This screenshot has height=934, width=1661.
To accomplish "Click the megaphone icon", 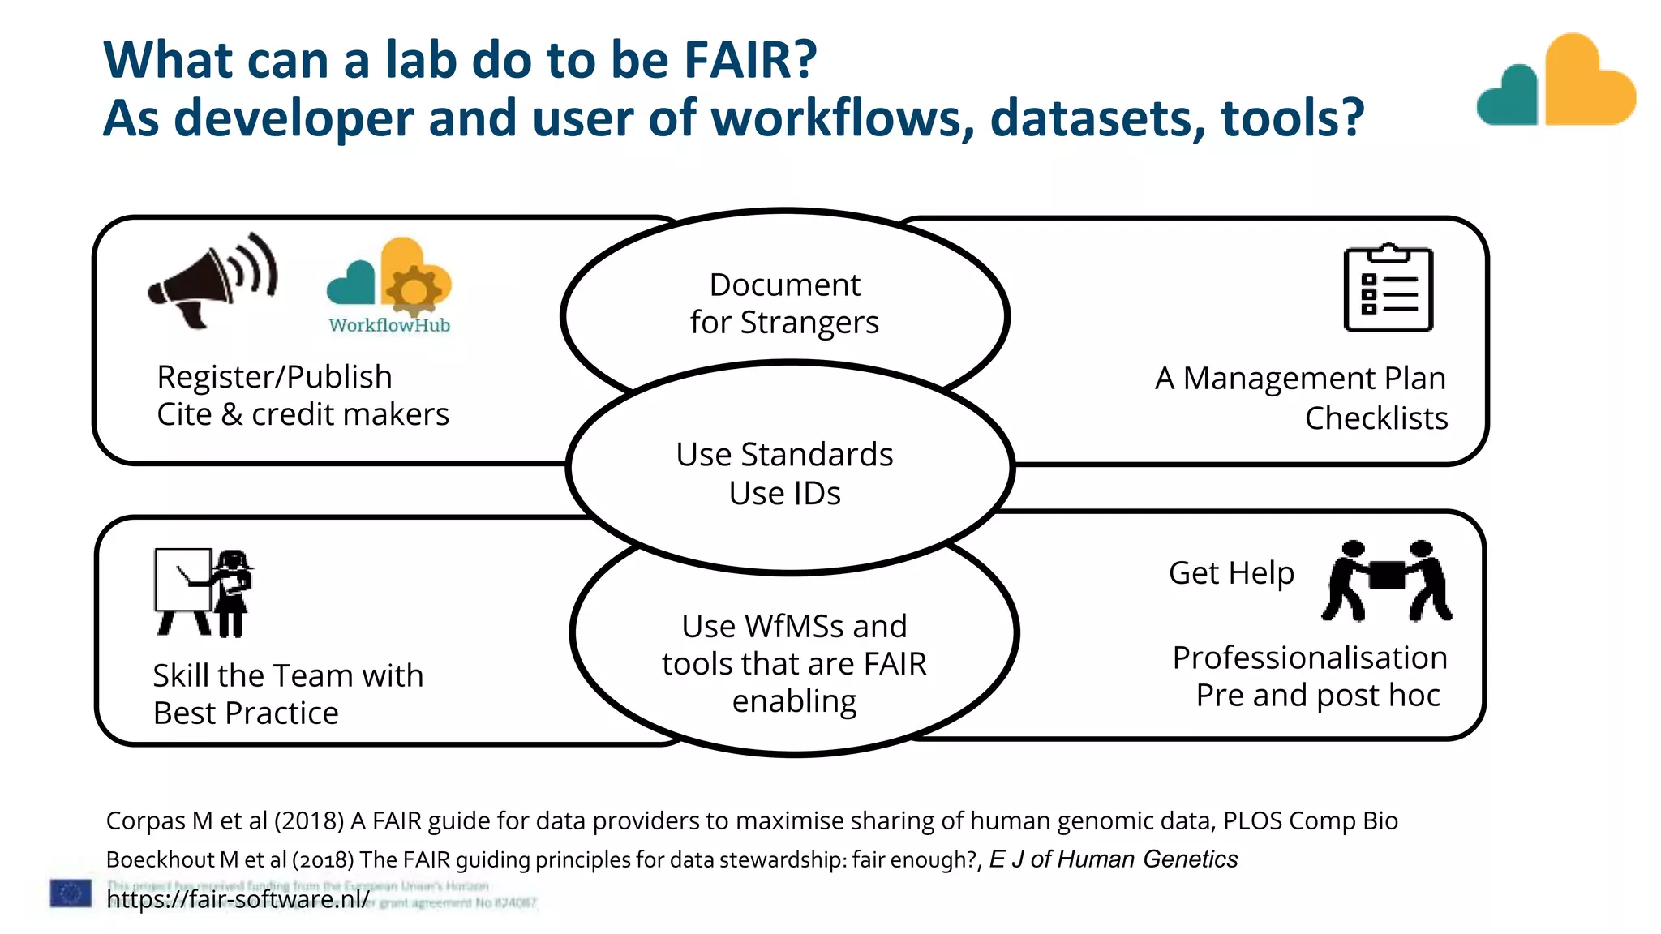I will coord(212,281).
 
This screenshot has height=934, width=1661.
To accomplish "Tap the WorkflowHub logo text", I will coord(389,325).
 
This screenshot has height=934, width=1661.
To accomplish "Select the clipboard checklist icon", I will coord(1388,288).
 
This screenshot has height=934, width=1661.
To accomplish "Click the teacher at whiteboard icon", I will coord(204,592).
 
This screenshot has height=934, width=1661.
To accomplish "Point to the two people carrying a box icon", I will coord(1386,580).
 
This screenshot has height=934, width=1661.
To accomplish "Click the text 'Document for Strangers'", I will coord(784,303).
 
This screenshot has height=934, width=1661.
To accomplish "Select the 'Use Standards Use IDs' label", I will coord(784,473).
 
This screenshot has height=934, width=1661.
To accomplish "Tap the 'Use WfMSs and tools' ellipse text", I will coord(794,663).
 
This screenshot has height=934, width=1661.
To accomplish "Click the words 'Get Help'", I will coord(1231,572).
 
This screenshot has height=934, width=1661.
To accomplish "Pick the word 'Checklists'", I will coord(1376,418).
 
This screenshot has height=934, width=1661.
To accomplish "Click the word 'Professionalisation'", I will coord(1309,658).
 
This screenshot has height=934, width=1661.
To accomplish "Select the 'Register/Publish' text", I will coord(274,377).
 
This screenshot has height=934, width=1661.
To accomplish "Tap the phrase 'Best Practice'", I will coord(246,713).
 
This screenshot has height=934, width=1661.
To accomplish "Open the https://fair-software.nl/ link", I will coord(238,899).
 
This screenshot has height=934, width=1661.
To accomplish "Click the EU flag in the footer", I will coord(71,893).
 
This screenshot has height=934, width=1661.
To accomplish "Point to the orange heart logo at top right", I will coord(1588,81).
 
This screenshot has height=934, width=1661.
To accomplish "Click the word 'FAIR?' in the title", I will coord(750,60).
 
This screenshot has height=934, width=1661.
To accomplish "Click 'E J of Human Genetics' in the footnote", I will coord(1113,859).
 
